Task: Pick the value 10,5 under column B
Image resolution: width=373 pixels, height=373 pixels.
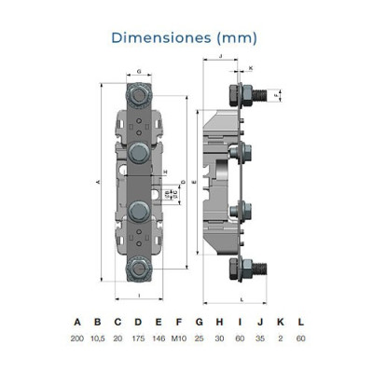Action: pyautogui.click(x=97, y=339)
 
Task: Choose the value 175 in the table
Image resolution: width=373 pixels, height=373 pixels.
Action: pyautogui.click(x=137, y=339)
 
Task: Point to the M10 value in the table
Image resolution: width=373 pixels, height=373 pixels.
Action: pyautogui.click(x=179, y=339)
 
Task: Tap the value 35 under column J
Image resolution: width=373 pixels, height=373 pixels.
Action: pyautogui.click(x=260, y=339)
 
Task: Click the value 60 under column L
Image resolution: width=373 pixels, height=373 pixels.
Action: pyautogui.click(x=299, y=339)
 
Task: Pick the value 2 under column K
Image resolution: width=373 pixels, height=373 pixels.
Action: pyautogui.click(x=280, y=339)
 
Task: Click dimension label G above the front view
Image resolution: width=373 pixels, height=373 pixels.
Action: pyautogui.click(x=138, y=71)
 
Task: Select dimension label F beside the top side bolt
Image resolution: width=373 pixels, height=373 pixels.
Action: pyautogui.click(x=276, y=94)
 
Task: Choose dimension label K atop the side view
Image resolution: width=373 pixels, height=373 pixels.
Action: pyautogui.click(x=250, y=68)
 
